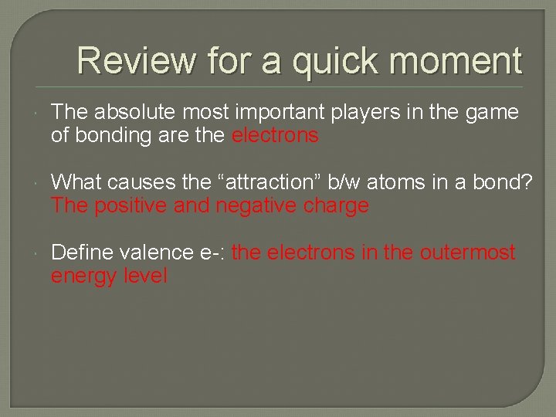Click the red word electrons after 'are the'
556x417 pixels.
275,136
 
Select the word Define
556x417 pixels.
83,253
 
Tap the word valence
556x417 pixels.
158,253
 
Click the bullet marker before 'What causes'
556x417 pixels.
37,183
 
